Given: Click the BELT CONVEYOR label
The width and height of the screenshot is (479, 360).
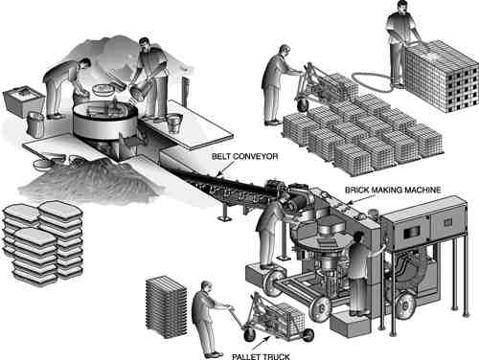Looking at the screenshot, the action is pos(244,157).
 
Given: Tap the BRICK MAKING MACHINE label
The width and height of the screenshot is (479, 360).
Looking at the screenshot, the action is pos(393,191).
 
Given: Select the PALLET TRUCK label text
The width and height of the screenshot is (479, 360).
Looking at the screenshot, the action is pos(261,356).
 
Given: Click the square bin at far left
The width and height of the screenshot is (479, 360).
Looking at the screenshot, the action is pos(23,100).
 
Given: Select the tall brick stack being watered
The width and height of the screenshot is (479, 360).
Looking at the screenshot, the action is pos(443,76).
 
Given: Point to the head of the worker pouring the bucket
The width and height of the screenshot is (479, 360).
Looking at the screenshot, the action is pos(146,44).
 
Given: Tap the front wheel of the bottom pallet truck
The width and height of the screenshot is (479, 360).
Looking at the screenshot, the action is pos(250,333).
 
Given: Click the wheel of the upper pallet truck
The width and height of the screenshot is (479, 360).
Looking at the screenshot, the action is pos(302,104).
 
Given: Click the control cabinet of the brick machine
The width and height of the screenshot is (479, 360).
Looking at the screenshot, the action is pos(424,227).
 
